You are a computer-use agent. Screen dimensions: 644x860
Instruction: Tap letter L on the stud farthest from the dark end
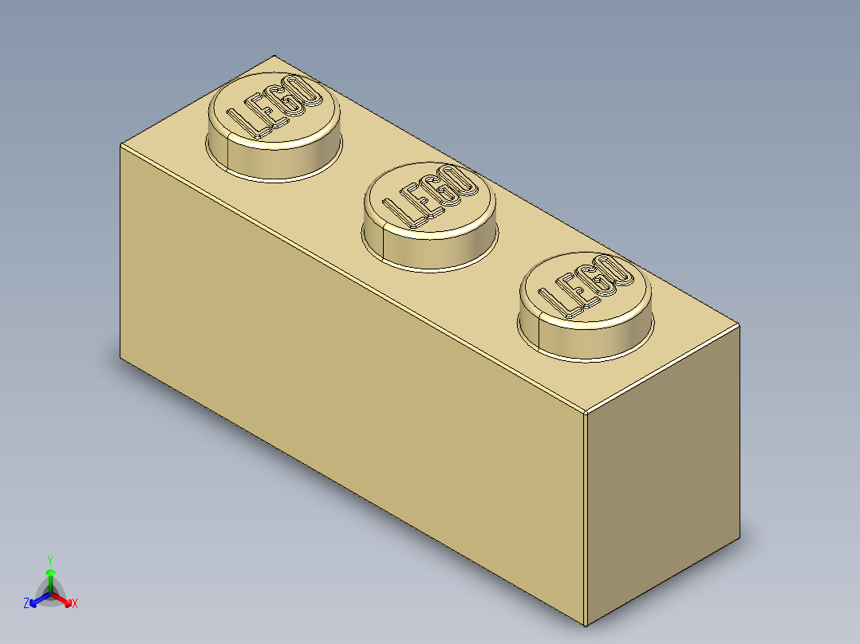pyautogui.click(x=242, y=120)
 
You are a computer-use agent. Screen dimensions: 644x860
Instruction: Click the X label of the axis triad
pyautogui.click(x=75, y=603)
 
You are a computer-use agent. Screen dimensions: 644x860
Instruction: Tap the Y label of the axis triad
pyautogui.click(x=49, y=560)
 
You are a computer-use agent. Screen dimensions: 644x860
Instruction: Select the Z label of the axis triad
pyautogui.click(x=26, y=603)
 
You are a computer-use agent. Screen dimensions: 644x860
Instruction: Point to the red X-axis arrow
pyautogui.click(x=64, y=599)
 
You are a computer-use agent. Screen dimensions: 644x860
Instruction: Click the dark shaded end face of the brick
pyautogui.click(x=662, y=478)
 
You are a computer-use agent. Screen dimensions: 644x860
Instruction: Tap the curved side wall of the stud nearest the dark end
pyautogui.click(x=586, y=339)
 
